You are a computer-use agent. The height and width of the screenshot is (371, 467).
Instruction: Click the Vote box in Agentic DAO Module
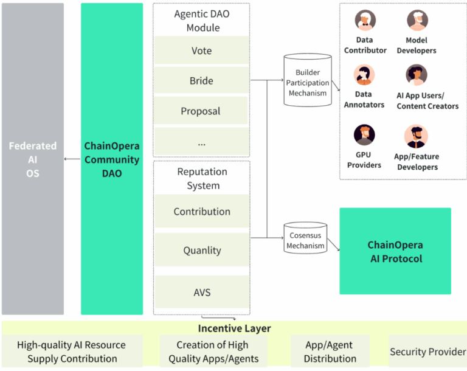click(x=201, y=50)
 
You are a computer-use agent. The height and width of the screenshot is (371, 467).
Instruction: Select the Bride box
click(x=201, y=80)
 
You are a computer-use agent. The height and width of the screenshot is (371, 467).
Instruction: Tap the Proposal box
click(x=201, y=111)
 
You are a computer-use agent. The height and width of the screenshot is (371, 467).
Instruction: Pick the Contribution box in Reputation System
click(x=201, y=211)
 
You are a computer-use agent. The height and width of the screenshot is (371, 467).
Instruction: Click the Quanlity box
click(x=201, y=250)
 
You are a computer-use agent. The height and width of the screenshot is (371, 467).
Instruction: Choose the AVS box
click(x=201, y=291)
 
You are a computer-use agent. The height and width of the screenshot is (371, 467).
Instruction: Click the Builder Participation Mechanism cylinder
click(x=307, y=80)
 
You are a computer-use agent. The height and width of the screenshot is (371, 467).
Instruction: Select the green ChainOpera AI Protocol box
click(x=395, y=251)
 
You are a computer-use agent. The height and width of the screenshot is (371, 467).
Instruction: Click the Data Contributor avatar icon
click(x=365, y=20)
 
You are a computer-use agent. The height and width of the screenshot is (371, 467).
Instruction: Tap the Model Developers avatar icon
click(x=417, y=20)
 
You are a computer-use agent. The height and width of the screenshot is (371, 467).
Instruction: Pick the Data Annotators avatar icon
click(x=364, y=75)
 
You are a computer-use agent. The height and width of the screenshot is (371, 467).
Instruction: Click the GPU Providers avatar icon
click(x=364, y=134)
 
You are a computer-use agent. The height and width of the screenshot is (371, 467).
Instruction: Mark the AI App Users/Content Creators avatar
click(x=417, y=75)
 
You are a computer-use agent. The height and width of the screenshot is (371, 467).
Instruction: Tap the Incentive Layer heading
click(x=234, y=328)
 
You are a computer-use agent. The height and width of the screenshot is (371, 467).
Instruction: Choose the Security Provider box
click(x=427, y=352)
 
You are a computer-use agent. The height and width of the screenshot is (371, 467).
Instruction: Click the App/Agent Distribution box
click(x=330, y=352)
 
